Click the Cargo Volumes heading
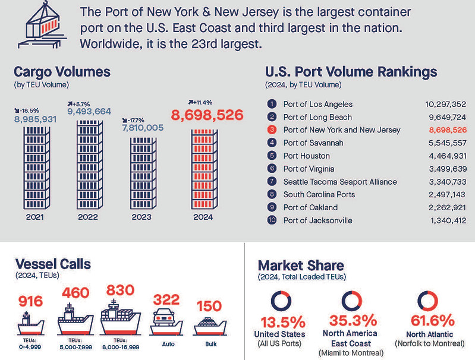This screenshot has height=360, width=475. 62,72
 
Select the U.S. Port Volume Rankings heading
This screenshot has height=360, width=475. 351,72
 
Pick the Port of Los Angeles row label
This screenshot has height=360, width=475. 317,104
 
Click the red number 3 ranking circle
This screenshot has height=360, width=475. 272,130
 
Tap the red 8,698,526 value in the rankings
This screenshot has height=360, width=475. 443,130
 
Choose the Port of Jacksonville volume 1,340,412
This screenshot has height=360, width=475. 445,220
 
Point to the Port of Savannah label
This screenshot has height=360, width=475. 313,143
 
